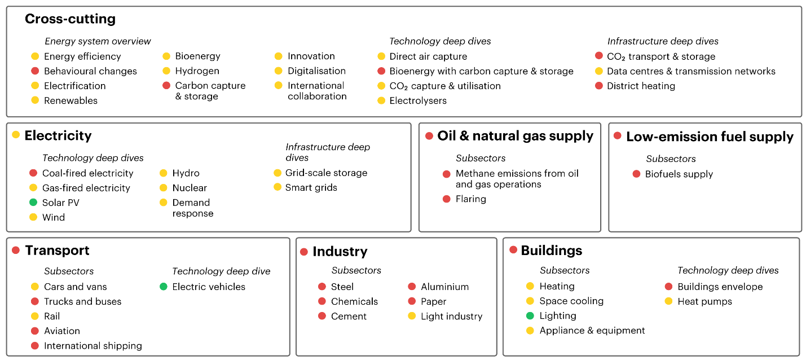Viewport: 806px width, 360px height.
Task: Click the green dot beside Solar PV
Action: coord(33,203)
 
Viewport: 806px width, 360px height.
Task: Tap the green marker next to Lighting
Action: coord(530,316)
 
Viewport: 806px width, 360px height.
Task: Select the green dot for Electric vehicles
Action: coord(164,287)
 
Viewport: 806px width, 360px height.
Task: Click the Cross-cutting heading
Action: coord(70,19)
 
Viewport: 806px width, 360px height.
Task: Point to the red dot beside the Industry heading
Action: coord(304,252)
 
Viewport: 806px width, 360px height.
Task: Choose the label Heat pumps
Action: coord(704,301)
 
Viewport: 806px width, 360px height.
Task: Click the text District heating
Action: coord(641,86)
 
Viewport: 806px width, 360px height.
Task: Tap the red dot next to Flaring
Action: coord(447,199)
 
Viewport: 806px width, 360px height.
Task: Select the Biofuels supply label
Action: coord(679,174)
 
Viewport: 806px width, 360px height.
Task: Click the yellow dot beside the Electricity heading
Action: coord(16,135)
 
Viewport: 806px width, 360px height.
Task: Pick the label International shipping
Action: coord(93,345)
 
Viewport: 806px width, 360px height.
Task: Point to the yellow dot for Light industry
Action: coord(412,316)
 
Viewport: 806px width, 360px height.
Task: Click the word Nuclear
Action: coord(190,188)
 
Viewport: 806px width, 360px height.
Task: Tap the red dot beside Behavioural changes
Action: coord(35,71)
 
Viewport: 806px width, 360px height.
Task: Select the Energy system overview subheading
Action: coord(98,41)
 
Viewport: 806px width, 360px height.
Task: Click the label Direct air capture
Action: coord(428,56)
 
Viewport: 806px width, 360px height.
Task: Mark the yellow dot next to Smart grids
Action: coord(278,187)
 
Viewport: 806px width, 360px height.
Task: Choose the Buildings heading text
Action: coord(551,251)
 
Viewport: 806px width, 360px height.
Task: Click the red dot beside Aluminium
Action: coord(412,287)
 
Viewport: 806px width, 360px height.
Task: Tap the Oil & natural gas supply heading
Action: coord(516,136)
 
